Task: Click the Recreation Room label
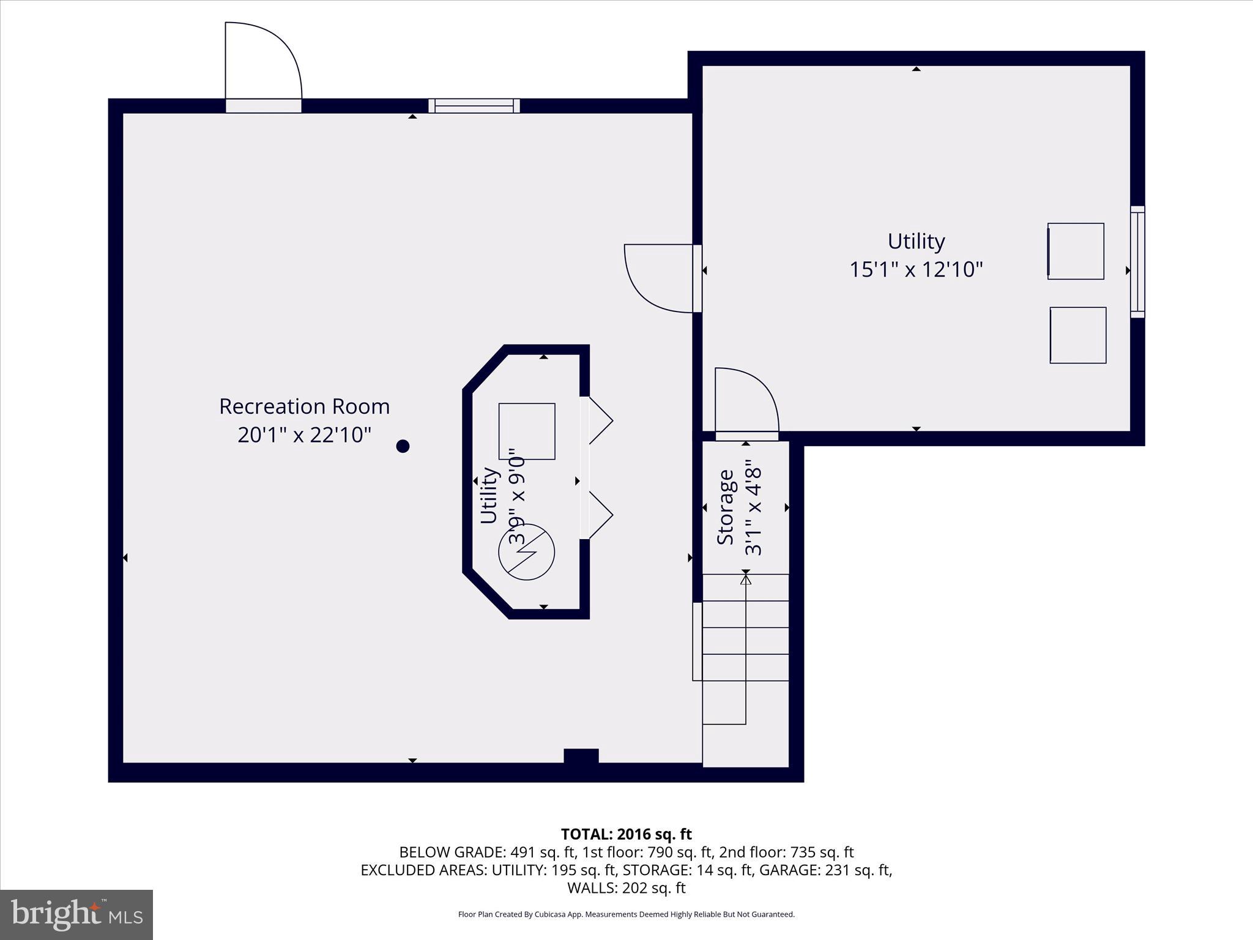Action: coord(304,406)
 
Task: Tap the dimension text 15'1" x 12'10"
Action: coord(916,269)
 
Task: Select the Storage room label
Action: coord(726,507)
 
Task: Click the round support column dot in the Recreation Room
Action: coord(403,446)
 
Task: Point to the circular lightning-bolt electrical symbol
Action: coord(527,552)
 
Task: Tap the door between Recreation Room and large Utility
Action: coord(661,278)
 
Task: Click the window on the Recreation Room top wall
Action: coord(474,106)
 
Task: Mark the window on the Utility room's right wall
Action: coord(1137,262)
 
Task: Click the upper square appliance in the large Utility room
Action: coord(1076,251)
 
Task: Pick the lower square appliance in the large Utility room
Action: coord(1078,335)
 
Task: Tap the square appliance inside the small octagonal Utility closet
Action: coord(527,431)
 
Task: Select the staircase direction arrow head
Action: coord(745,579)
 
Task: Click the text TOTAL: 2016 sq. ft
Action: coord(626,834)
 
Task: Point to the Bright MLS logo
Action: coord(76,915)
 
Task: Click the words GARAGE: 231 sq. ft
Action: coord(825,870)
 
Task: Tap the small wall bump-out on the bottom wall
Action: coord(581,756)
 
